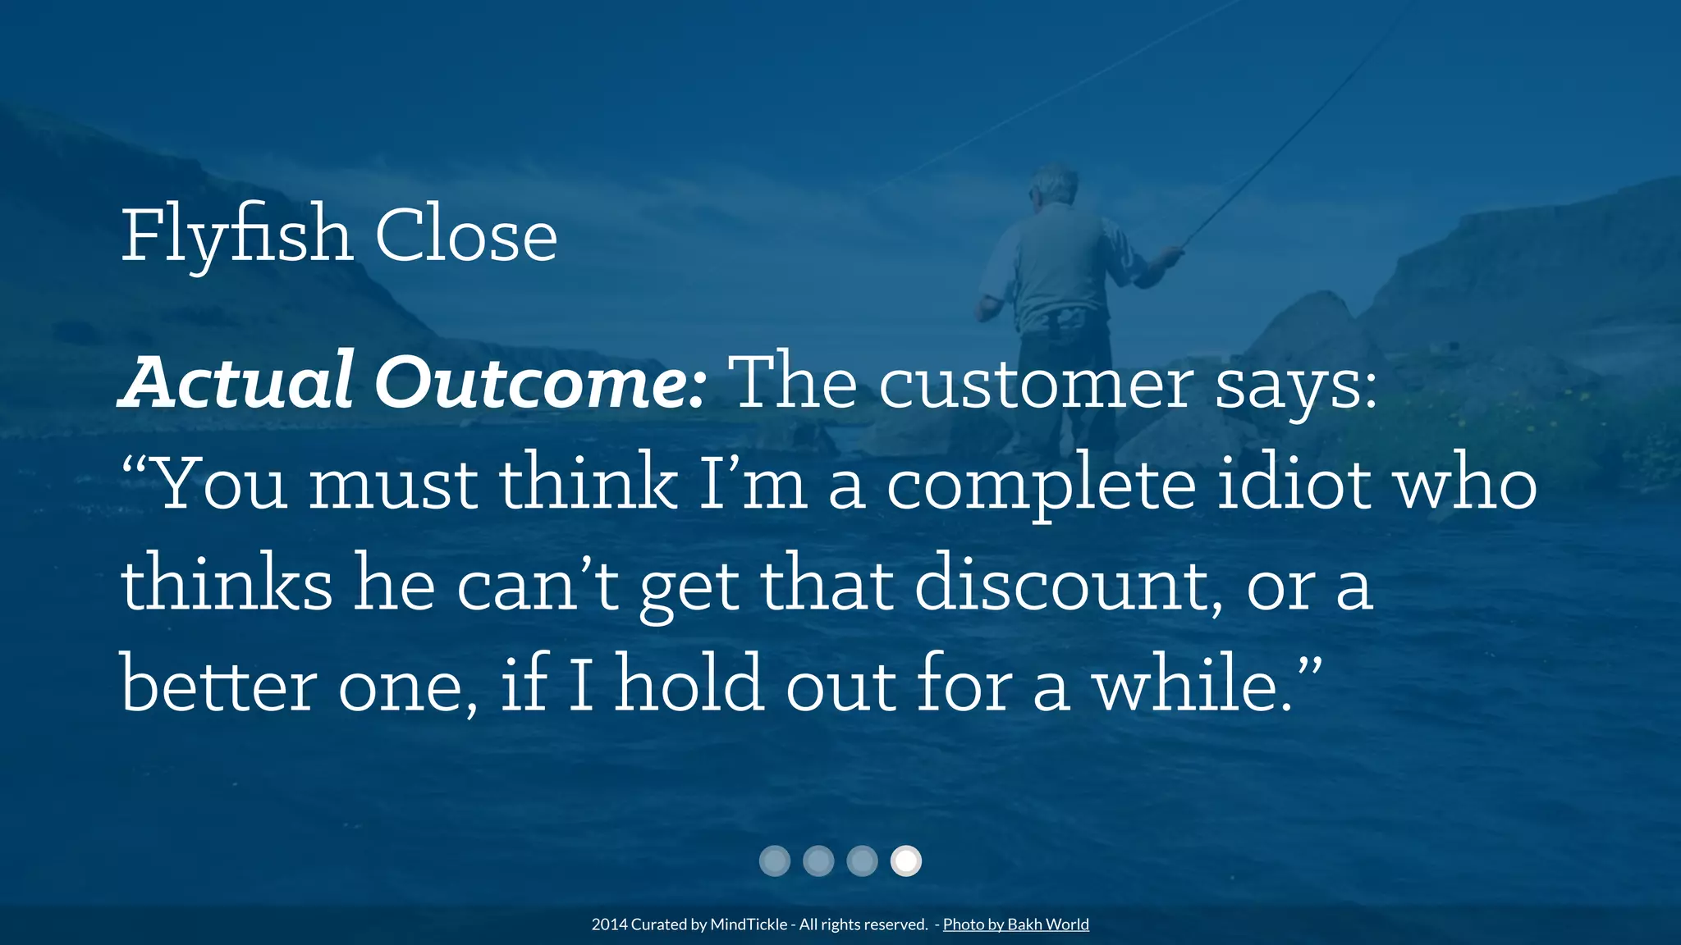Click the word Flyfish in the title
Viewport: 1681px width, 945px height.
pyautogui.click(x=236, y=236)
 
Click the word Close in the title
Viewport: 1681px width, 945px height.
pyautogui.click(x=466, y=236)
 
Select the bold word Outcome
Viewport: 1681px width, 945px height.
pyautogui.click(x=538, y=382)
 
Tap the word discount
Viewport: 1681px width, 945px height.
pyautogui.click(x=1067, y=584)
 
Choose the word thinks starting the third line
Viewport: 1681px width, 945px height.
pyautogui.click(x=227, y=584)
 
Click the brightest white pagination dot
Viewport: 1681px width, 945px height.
pyautogui.click(x=906, y=861)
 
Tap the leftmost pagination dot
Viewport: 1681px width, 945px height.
pyautogui.click(x=774, y=861)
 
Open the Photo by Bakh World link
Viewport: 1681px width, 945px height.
pyautogui.click(x=1015, y=924)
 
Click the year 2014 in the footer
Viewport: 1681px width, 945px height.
pyautogui.click(x=609, y=924)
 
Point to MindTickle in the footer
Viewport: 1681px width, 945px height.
pyautogui.click(x=749, y=924)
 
